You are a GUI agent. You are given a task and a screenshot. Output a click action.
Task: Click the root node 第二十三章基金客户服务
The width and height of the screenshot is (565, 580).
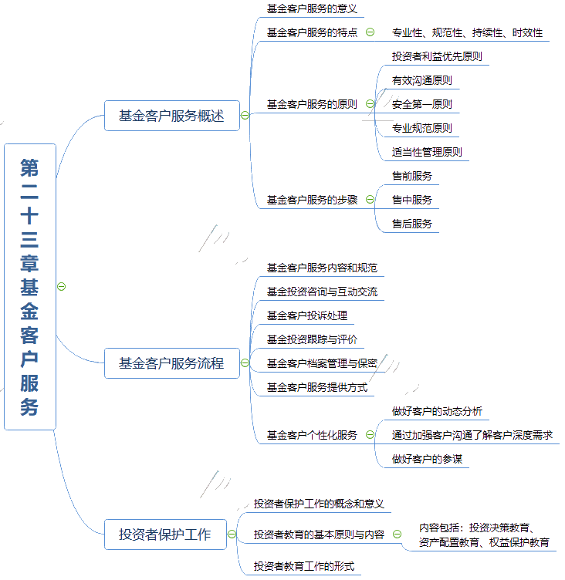click(x=30, y=287)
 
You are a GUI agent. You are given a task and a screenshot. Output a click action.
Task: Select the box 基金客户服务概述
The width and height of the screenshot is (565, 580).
click(x=172, y=116)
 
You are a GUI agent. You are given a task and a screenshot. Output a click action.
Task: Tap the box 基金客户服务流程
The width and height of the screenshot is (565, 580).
click(x=172, y=363)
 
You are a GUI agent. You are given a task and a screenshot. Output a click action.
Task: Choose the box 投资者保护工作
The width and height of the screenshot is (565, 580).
click(x=165, y=534)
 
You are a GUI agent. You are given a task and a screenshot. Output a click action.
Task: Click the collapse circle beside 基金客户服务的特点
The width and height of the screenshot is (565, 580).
click(x=370, y=32)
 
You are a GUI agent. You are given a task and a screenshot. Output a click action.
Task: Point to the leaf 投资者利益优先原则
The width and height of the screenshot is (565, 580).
click(x=437, y=56)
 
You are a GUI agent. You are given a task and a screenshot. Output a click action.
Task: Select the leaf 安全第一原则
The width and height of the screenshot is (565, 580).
click(x=422, y=104)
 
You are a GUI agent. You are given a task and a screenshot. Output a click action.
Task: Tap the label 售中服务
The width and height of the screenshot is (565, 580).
click(x=412, y=200)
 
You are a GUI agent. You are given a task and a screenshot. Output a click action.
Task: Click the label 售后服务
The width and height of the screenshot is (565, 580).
click(x=412, y=224)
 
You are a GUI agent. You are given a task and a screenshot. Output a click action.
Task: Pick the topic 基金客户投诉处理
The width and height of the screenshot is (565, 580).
click(x=307, y=315)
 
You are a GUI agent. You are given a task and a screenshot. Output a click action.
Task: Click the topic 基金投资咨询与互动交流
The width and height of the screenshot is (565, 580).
click(x=322, y=292)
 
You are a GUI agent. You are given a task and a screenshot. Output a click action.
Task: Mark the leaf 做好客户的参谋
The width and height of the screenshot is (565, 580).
click(x=428, y=459)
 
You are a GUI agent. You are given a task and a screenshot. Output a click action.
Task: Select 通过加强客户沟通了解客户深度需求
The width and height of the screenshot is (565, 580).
click(x=472, y=435)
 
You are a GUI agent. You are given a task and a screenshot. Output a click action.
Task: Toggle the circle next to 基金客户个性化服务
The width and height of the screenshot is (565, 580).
click(x=370, y=435)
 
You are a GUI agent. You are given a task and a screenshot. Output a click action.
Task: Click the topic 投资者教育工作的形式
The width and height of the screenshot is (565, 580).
click(x=304, y=566)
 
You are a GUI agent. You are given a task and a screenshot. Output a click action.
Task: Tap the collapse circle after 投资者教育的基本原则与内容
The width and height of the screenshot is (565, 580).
click(x=397, y=534)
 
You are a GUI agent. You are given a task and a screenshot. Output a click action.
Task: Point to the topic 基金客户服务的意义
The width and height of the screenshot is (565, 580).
click(x=312, y=9)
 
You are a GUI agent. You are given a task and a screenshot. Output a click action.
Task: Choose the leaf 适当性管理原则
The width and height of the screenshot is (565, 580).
click(x=427, y=152)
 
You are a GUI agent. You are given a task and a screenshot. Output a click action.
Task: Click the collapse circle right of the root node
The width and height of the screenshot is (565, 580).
click(x=62, y=287)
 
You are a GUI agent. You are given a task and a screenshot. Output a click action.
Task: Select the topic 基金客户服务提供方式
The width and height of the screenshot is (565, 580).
click(x=317, y=387)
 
